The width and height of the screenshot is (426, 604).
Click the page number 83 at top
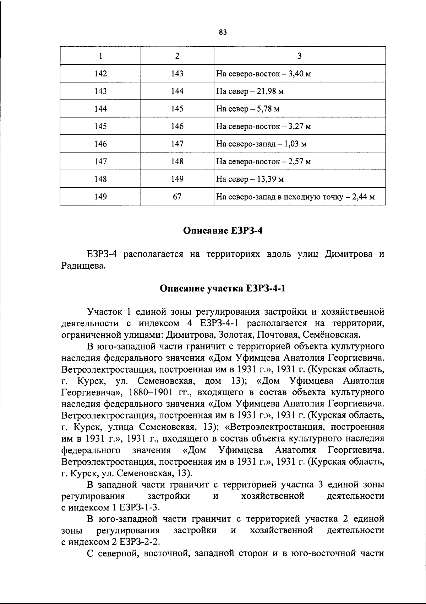[x=223, y=33]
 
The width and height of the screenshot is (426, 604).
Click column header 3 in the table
[x=300, y=56]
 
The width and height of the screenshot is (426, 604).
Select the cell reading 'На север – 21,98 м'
[x=250, y=91]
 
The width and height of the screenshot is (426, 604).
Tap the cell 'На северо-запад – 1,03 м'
[x=261, y=144]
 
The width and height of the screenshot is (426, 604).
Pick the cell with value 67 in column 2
[x=177, y=197]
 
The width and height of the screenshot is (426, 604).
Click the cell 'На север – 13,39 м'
[x=250, y=179]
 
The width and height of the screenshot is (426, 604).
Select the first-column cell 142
[x=101, y=74]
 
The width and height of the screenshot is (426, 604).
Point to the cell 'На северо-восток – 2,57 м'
[x=263, y=162]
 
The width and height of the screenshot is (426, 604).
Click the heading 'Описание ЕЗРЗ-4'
[x=223, y=231]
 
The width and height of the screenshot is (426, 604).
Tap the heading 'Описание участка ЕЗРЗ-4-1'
[x=223, y=288]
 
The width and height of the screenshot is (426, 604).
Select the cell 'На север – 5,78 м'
[x=247, y=109]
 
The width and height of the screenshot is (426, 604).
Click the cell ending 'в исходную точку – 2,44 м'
[x=295, y=197]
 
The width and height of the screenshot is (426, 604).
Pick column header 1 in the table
[x=101, y=56]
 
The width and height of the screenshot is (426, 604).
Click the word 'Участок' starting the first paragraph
[x=105, y=312]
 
